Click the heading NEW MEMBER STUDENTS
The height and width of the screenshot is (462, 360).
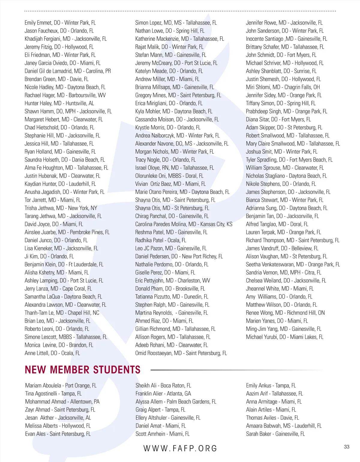click(x=82, y=370)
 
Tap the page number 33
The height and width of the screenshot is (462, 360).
click(x=346, y=447)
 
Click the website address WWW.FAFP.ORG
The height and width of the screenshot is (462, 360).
click(x=180, y=448)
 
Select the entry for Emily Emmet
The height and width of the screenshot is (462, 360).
click(x=60, y=23)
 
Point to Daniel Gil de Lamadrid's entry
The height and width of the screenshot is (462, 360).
click(x=67, y=71)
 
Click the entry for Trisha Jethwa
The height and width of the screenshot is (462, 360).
click(x=61, y=208)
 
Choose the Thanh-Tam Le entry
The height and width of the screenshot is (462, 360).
click(x=62, y=313)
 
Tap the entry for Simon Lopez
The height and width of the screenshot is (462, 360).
click(x=176, y=23)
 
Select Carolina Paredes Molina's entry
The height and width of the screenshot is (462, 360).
click(x=184, y=224)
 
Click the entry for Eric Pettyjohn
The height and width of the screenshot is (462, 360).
click(x=172, y=281)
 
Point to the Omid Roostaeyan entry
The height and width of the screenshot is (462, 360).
click(x=181, y=353)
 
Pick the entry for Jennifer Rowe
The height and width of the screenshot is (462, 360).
click(x=284, y=23)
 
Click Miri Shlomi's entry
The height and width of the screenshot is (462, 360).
click(x=283, y=87)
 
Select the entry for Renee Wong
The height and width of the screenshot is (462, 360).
click(x=285, y=313)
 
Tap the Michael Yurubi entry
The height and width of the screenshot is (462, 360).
click(x=284, y=337)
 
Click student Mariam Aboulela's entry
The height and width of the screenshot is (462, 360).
click(x=61, y=386)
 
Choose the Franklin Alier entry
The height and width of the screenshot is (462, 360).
click(x=163, y=394)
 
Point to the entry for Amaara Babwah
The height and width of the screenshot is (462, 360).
click(x=283, y=426)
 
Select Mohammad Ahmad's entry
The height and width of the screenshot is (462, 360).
click(x=62, y=402)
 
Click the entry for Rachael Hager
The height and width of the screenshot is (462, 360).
click(x=65, y=95)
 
